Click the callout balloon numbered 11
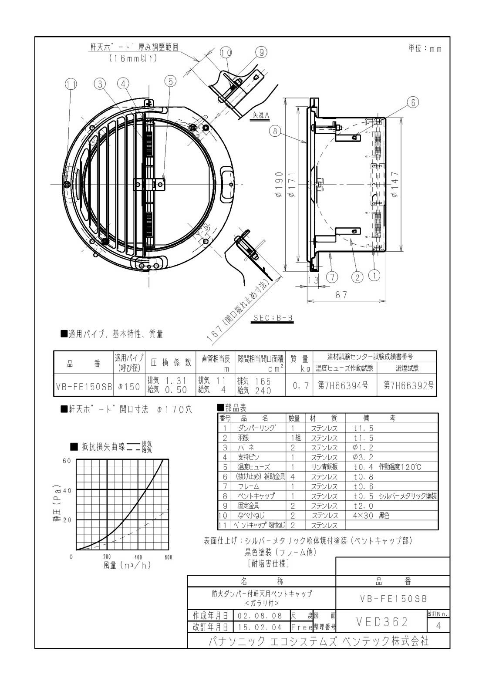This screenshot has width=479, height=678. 71,84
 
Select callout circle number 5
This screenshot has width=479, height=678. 170,81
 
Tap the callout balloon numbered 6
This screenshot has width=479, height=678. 412,102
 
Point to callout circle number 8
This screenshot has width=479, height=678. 274,131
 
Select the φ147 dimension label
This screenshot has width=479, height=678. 395,184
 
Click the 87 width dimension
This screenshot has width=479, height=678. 341,295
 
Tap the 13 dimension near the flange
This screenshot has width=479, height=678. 313,280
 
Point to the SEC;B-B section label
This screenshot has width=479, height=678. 273,318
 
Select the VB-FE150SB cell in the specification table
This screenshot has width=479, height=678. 84,386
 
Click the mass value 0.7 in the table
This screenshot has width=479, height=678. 300,386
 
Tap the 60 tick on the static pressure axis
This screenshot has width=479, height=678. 67,461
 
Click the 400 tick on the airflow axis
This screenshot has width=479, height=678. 138,557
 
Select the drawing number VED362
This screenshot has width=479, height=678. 382,622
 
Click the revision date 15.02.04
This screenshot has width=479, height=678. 260,627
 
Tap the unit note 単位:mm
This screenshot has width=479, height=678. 425,49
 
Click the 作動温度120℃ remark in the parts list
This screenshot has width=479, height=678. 400,467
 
